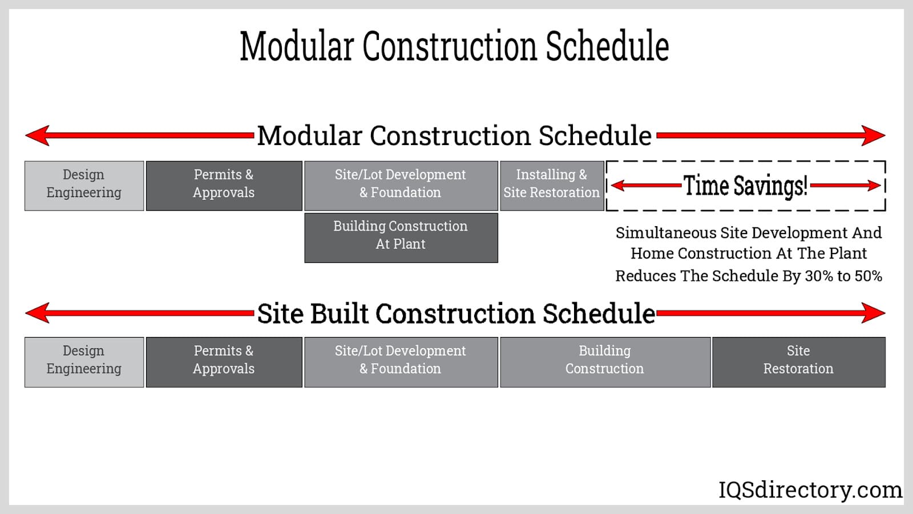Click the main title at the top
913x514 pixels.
(x=454, y=46)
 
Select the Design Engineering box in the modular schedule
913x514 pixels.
(x=84, y=186)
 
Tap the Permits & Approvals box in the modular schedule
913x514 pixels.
(x=224, y=186)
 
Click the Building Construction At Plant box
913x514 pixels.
(x=401, y=238)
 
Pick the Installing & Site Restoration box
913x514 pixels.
(x=552, y=186)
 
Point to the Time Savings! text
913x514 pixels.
(x=745, y=186)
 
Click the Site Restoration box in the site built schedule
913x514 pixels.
(x=799, y=362)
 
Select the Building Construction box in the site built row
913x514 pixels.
(x=605, y=362)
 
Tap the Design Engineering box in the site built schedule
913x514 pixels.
(x=84, y=362)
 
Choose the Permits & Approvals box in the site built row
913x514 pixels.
(x=224, y=362)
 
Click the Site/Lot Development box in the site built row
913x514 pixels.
(x=401, y=362)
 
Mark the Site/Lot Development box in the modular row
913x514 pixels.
(x=401, y=186)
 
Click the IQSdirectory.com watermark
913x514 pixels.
(x=810, y=489)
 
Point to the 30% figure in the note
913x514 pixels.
(x=819, y=276)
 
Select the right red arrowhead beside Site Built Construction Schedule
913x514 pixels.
(x=873, y=313)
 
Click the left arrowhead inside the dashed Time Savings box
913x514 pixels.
(x=619, y=186)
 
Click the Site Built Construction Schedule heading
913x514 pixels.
(x=456, y=314)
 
